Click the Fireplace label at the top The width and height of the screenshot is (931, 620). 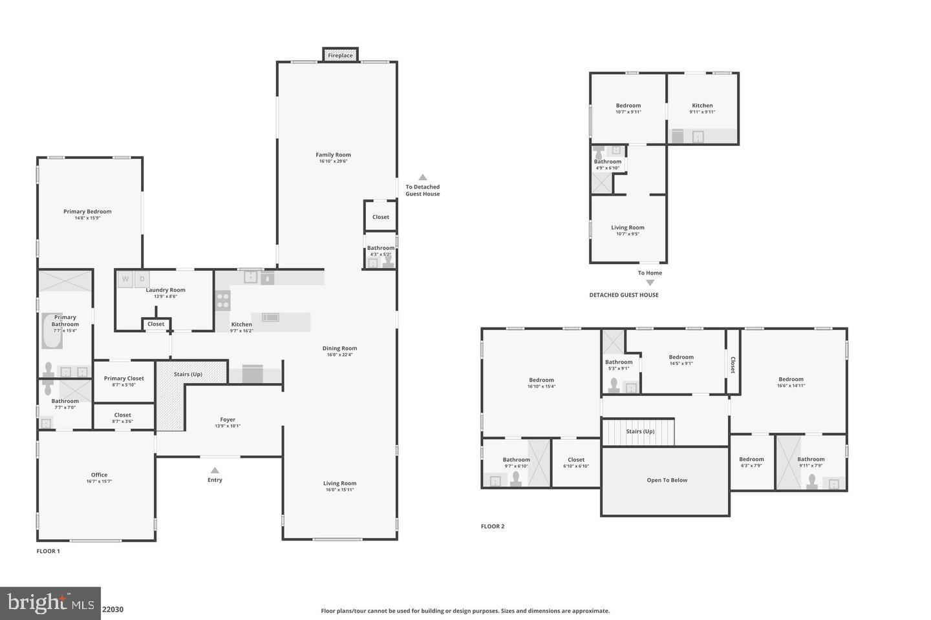(x=340, y=56)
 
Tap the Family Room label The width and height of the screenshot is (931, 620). (x=333, y=154)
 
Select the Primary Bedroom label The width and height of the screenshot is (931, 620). (x=87, y=211)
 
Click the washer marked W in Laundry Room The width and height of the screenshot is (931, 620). (x=125, y=279)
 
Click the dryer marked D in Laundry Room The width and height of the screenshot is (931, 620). (x=142, y=279)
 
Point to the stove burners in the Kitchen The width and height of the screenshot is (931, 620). (x=222, y=300)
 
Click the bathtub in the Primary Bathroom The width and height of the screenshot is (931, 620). (x=51, y=331)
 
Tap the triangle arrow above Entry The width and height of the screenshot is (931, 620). (x=215, y=470)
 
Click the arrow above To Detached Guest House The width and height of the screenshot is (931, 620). (x=422, y=177)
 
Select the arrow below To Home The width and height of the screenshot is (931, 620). (x=650, y=282)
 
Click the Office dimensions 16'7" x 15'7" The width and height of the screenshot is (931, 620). (x=99, y=481)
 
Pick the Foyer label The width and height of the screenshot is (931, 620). (x=228, y=419)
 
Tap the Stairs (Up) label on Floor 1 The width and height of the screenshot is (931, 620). (x=188, y=374)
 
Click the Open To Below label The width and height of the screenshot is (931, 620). (x=667, y=480)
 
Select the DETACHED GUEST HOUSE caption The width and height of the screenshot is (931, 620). (x=623, y=295)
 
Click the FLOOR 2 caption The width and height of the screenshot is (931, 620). (x=492, y=526)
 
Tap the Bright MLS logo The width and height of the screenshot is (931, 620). (x=50, y=603)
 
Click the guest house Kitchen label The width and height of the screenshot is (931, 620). (x=702, y=105)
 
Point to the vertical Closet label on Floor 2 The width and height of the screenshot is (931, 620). (x=733, y=365)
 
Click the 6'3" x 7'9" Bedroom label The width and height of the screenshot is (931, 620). (x=751, y=459)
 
